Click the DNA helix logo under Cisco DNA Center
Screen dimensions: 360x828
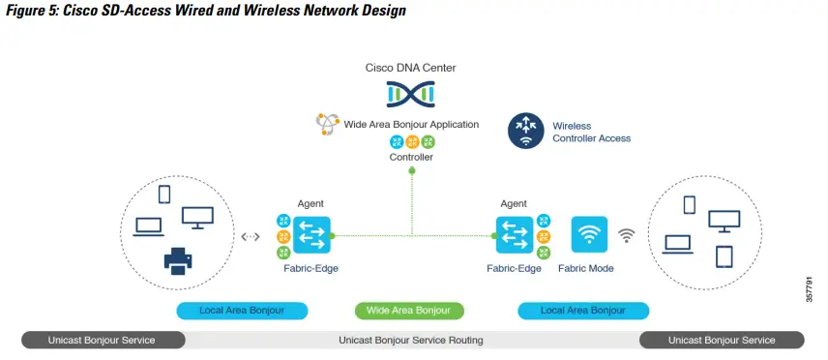[x=411, y=94]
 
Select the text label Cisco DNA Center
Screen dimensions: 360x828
[x=411, y=68]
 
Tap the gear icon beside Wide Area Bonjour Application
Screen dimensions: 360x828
[x=326, y=124]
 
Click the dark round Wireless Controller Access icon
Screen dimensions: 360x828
[x=526, y=132]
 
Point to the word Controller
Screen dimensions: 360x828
[x=411, y=157]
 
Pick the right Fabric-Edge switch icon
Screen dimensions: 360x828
[x=513, y=235]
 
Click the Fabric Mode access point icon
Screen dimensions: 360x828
[x=589, y=235]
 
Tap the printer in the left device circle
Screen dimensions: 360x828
[x=177, y=259]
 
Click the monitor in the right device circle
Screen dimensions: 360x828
[x=724, y=221]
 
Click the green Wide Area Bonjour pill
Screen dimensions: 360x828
[x=409, y=311]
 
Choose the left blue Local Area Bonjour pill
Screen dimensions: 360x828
[x=243, y=311]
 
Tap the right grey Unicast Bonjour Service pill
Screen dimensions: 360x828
[x=722, y=340]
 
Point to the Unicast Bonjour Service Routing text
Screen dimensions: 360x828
[x=410, y=340]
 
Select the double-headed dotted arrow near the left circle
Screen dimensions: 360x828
[x=250, y=236]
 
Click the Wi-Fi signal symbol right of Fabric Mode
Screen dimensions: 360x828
[x=627, y=236]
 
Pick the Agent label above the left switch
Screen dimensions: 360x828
[x=310, y=203]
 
